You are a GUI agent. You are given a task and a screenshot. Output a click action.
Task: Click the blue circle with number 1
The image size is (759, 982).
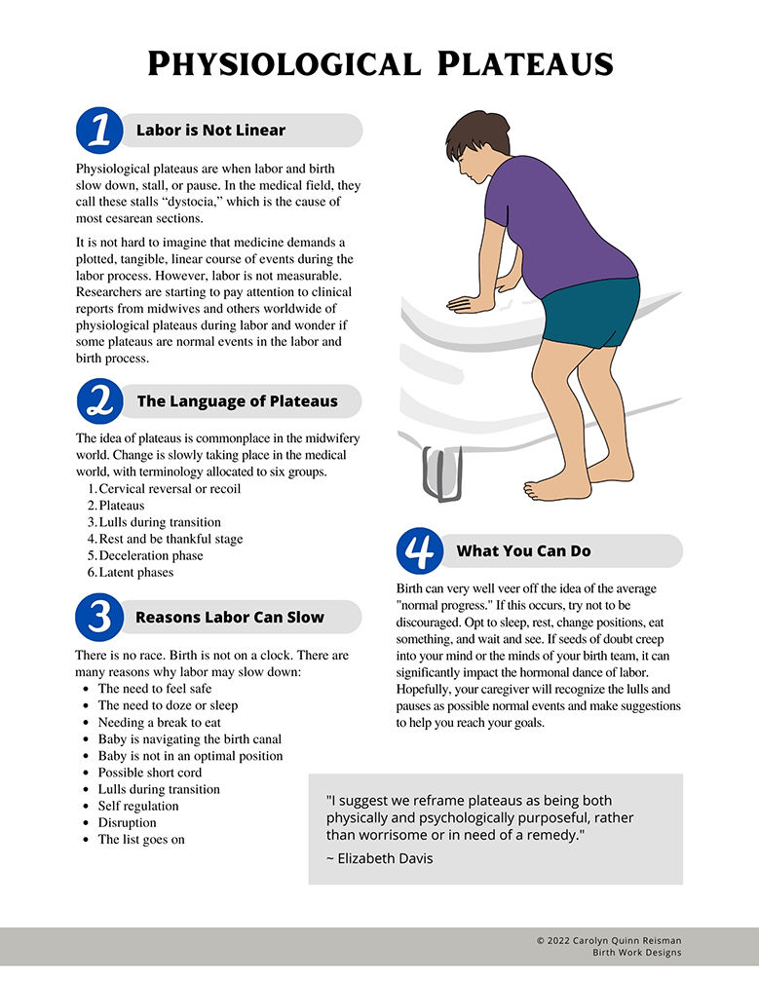tap(99, 131)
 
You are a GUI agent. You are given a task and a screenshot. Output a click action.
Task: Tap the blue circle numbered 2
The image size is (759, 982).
tap(100, 400)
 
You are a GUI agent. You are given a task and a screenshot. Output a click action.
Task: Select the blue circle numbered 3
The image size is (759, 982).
tap(99, 617)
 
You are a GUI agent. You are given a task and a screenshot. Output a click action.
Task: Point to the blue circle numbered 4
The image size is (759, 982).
tap(420, 550)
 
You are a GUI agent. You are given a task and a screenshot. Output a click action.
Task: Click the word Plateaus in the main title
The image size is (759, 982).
tap(525, 64)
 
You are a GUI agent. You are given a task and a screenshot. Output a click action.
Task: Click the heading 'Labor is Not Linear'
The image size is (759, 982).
tap(210, 131)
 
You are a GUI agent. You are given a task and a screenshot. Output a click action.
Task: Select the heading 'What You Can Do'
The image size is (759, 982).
tap(523, 551)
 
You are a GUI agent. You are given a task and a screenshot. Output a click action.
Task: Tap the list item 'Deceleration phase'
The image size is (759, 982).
tap(151, 555)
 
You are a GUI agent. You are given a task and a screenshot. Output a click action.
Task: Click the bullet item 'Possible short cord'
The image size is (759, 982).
tap(150, 773)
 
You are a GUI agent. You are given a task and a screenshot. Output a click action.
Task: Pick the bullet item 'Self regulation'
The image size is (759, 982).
tap(138, 806)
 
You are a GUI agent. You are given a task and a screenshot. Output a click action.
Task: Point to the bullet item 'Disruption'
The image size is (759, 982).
tap(127, 823)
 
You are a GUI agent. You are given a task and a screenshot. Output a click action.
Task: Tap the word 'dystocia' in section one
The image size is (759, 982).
tap(198, 202)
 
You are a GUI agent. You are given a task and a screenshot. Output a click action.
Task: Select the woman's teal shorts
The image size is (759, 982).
tap(591, 313)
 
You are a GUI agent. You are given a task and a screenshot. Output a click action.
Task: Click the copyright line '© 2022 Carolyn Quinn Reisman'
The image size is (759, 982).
tap(609, 940)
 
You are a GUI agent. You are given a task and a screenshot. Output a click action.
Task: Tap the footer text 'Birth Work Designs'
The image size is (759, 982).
tap(637, 953)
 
